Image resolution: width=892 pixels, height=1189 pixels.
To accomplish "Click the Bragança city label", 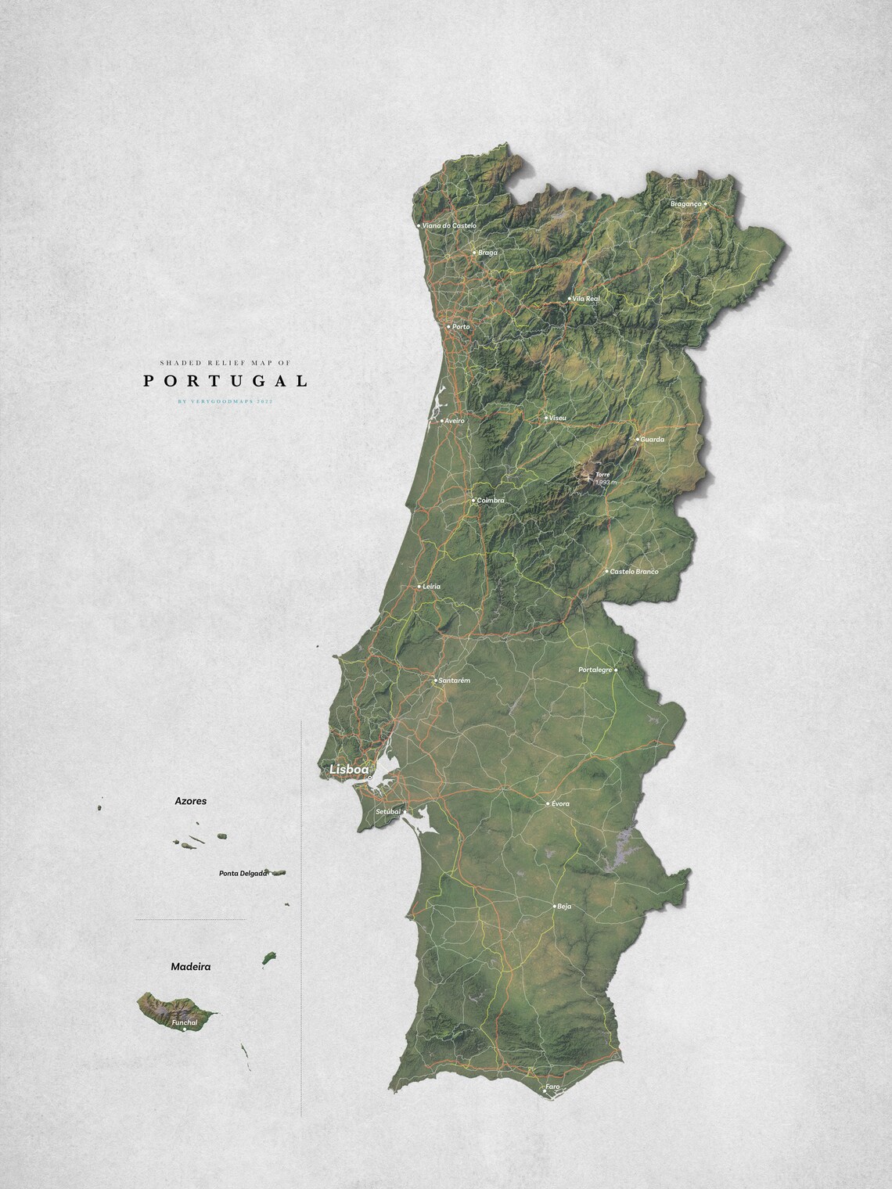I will point(686,204).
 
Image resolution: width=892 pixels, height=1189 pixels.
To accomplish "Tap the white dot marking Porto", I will point(448,326).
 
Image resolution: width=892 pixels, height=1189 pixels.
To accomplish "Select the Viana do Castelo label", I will point(449,226).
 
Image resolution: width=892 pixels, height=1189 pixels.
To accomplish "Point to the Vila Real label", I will point(586,299).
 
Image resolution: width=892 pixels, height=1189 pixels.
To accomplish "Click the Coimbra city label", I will point(491,500).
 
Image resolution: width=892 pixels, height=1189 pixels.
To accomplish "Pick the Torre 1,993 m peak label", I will point(604,478).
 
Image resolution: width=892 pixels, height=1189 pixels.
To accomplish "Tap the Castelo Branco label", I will point(634,572).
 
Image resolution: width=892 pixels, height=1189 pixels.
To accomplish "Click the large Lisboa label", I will point(349,770).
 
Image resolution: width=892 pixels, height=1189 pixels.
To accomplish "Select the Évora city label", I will point(560,804).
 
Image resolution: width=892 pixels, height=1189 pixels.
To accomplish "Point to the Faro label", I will point(553,1087).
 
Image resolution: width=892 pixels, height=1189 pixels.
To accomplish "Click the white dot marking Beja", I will point(553,906).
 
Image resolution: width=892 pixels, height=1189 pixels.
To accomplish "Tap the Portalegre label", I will point(595,670).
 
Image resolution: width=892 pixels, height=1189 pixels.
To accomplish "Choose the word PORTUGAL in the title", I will point(225,381).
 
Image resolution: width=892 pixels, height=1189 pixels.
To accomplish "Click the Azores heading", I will point(191,802).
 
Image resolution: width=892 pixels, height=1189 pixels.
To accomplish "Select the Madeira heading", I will point(191,967).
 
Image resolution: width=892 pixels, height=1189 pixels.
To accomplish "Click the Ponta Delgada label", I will point(243,873).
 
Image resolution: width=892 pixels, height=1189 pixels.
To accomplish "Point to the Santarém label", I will point(455,681).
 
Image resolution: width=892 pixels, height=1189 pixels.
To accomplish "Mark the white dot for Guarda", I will point(638,439).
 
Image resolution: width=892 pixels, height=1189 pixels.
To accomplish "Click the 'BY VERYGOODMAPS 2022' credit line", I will point(225,401).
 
